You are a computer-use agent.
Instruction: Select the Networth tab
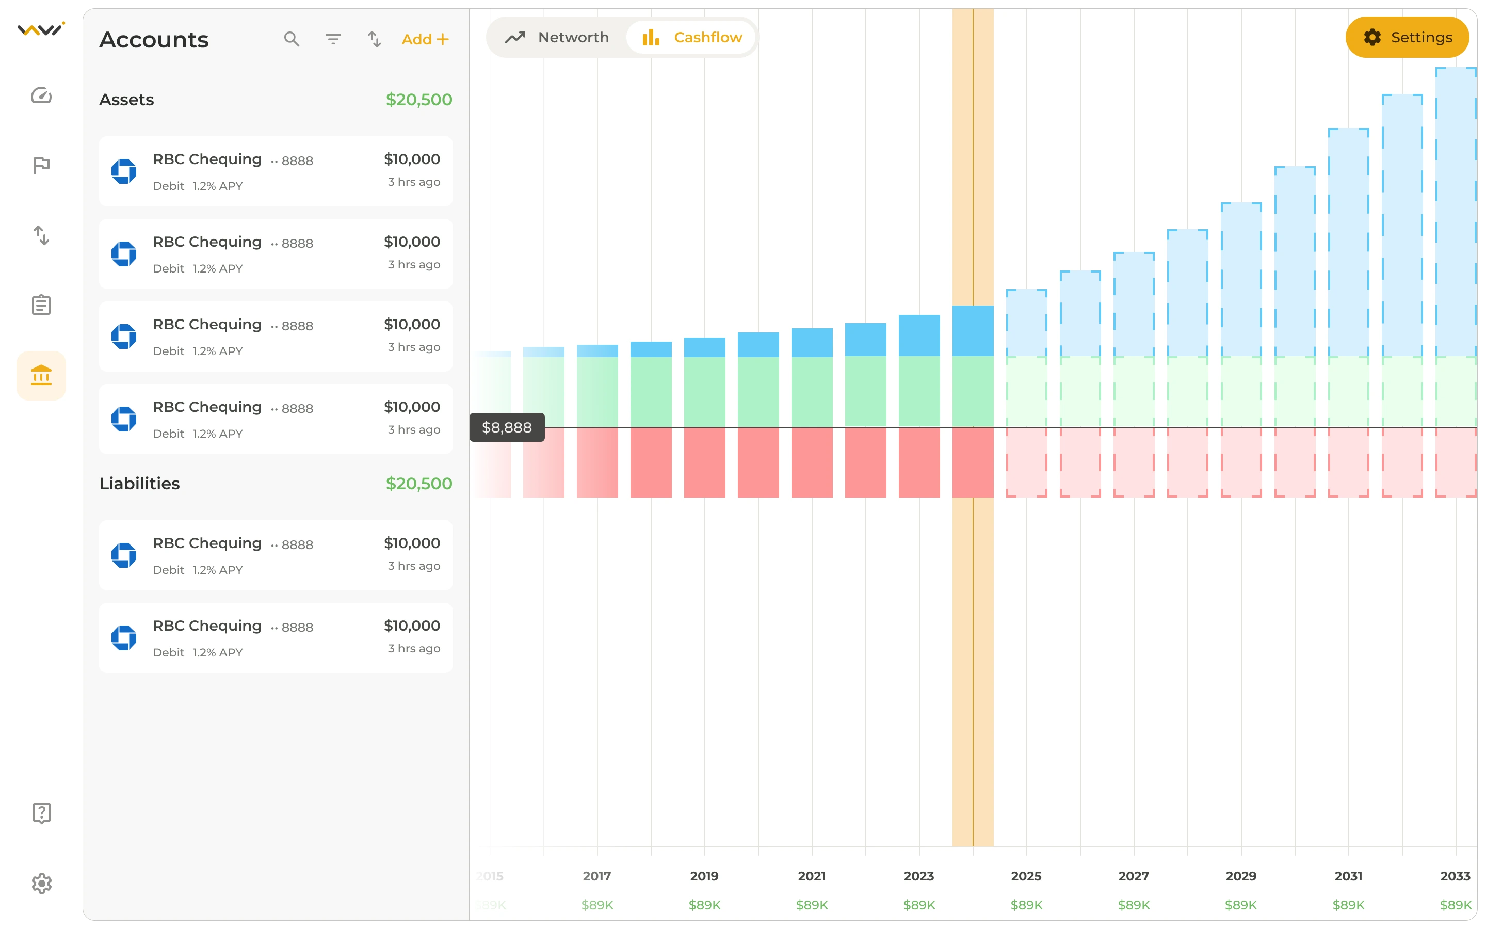click(x=557, y=38)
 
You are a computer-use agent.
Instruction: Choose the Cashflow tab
click(x=691, y=38)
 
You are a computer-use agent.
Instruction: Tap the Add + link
click(x=425, y=39)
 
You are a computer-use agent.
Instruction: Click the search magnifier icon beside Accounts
click(x=292, y=39)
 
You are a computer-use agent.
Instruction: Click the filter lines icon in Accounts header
click(x=333, y=39)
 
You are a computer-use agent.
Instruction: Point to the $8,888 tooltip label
click(x=507, y=427)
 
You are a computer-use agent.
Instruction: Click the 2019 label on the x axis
click(x=704, y=876)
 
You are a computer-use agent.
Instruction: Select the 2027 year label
click(x=1134, y=876)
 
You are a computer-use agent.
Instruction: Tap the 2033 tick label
click(x=1455, y=876)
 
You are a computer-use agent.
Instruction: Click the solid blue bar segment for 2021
click(x=812, y=342)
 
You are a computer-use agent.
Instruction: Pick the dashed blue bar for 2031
click(x=1348, y=242)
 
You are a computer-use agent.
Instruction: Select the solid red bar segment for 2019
click(x=704, y=462)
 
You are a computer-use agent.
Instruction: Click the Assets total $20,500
click(x=419, y=100)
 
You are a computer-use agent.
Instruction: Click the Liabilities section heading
click(x=139, y=484)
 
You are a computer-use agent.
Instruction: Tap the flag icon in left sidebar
click(x=41, y=165)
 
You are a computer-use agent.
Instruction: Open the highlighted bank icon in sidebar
click(x=41, y=375)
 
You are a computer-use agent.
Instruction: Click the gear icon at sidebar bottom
click(x=41, y=884)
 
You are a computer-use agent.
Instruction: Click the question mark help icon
click(x=41, y=813)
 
